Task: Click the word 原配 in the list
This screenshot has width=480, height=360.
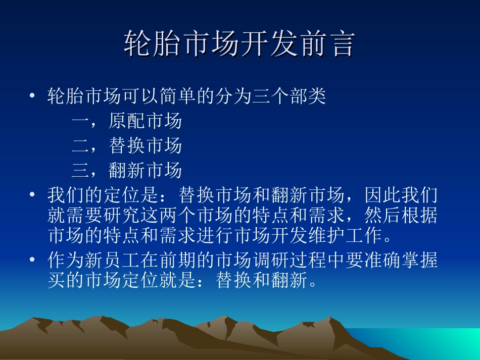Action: [x=126, y=121]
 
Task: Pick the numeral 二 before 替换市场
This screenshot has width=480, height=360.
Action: [x=80, y=146]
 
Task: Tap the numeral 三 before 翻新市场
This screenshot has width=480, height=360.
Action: [x=80, y=171]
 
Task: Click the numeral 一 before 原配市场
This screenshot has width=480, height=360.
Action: [x=80, y=121]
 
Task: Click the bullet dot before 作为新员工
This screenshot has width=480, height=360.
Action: [x=33, y=261]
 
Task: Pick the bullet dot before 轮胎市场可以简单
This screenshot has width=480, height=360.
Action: [x=33, y=96]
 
